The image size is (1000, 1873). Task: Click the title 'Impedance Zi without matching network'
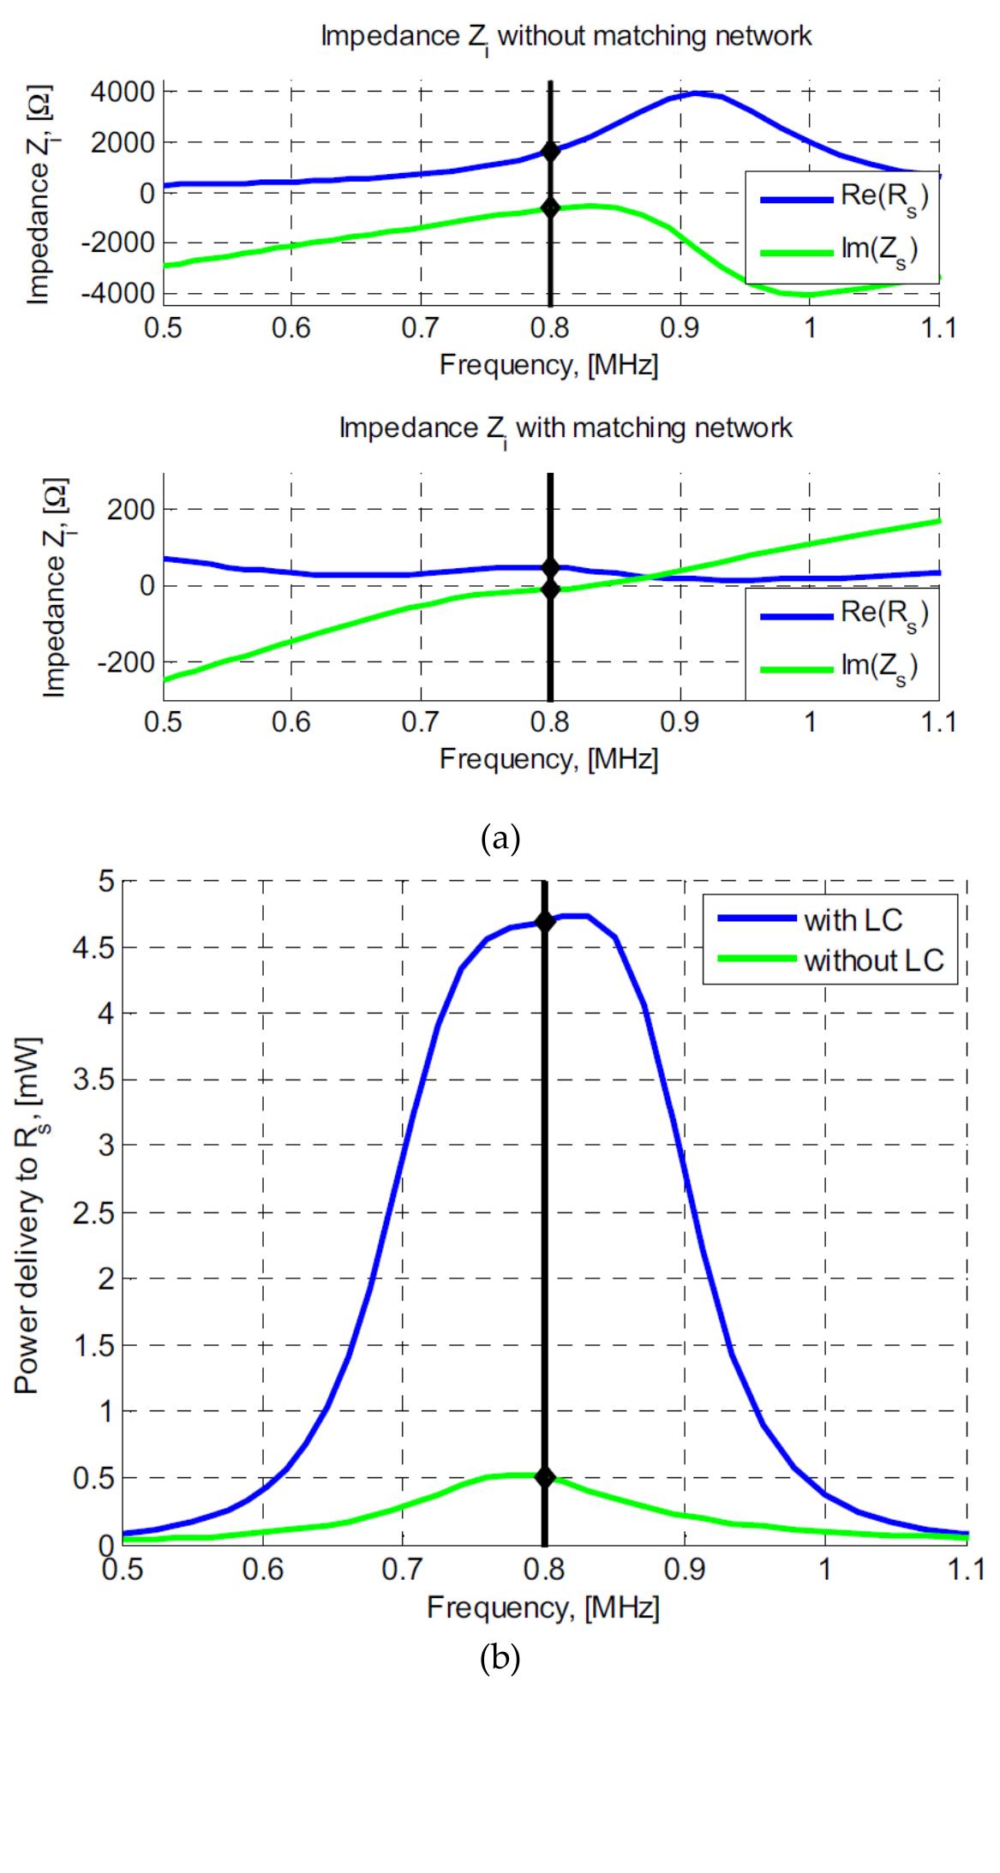566,37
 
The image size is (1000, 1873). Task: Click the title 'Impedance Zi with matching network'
566,428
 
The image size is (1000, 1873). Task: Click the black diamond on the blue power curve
544,922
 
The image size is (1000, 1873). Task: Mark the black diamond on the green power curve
544,1477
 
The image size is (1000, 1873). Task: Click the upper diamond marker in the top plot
550,152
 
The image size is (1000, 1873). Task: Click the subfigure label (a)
500,837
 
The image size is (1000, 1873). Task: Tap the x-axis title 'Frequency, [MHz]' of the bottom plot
543,1607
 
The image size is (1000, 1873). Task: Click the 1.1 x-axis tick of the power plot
967,1571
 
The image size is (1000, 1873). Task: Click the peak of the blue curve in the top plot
699,93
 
